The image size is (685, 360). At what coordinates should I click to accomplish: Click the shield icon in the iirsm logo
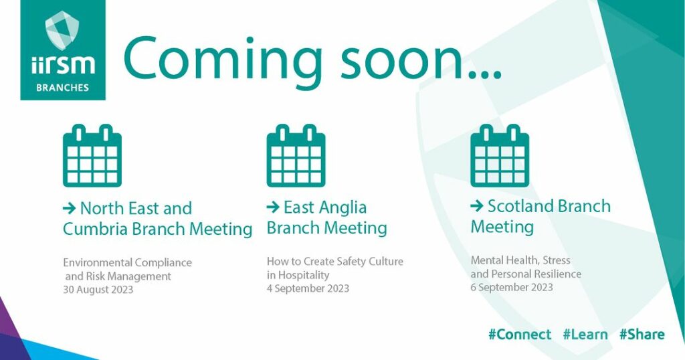62,29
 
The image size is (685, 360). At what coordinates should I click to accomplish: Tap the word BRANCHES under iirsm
62,88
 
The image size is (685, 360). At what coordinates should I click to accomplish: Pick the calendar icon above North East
92,155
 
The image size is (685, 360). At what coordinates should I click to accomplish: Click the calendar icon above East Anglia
296,155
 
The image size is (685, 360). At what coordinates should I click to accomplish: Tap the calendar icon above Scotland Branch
500,155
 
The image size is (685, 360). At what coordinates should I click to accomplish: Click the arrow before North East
70,208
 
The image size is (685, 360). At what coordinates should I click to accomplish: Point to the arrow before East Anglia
273,207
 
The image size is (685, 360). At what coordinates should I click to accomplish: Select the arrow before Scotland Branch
476,206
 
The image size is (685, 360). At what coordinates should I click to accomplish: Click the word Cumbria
95,229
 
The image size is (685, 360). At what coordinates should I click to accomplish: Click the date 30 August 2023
98,290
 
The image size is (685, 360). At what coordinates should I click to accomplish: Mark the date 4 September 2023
308,288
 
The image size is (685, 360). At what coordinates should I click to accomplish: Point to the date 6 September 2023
512,287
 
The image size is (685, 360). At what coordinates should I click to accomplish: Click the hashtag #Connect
520,335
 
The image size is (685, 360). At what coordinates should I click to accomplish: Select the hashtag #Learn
585,335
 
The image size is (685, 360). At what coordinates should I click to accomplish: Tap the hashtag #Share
642,335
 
